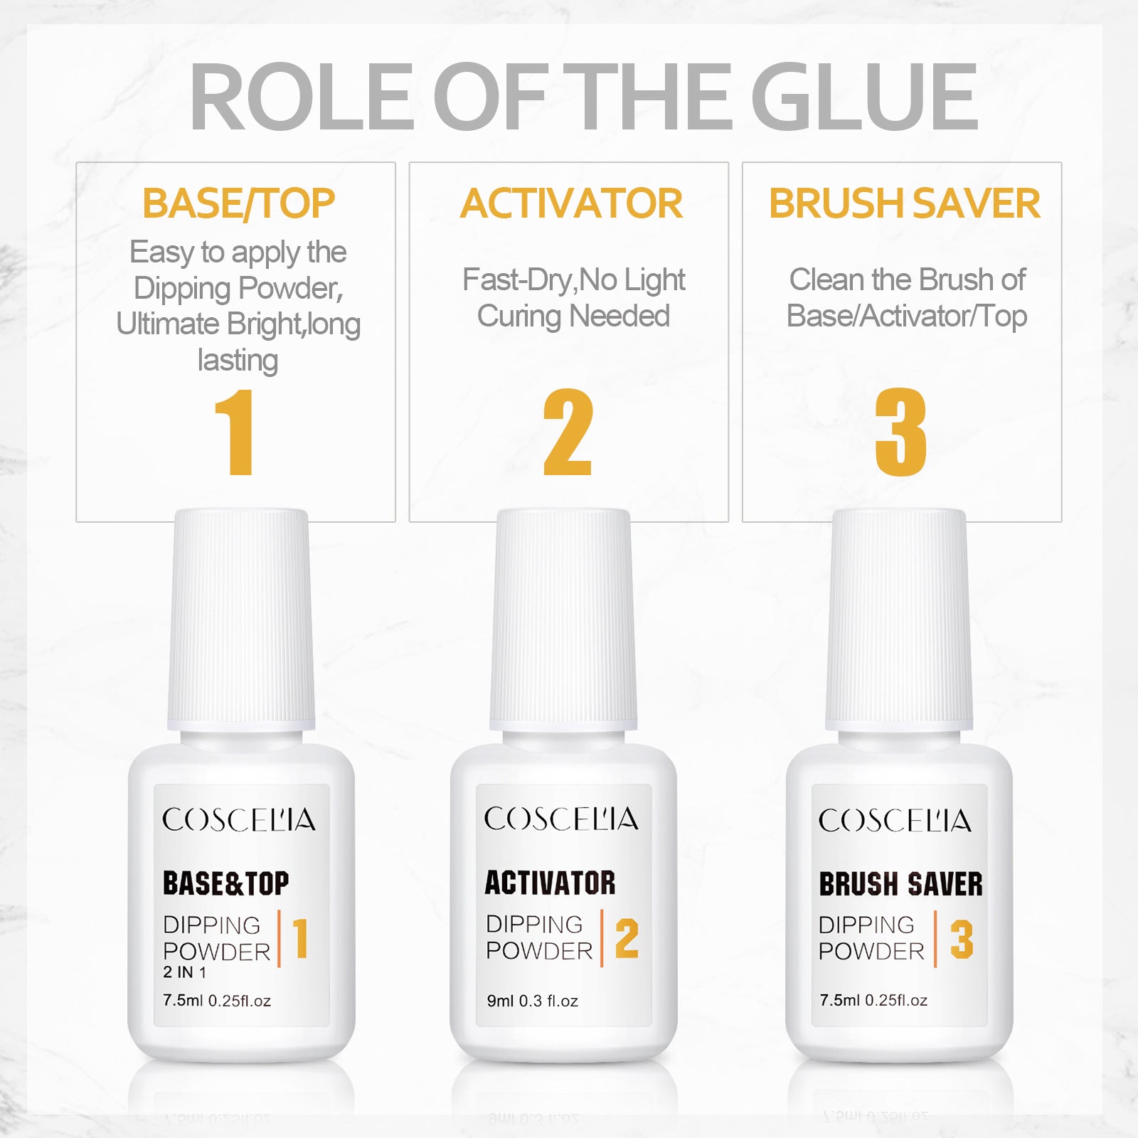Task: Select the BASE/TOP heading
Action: tap(238, 203)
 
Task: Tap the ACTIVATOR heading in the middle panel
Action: tap(571, 203)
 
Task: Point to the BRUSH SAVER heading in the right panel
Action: tap(905, 203)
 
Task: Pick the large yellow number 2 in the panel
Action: tap(568, 432)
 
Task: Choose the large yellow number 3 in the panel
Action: tap(900, 432)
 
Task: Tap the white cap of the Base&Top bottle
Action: tap(241, 619)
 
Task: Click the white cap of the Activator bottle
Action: tap(563, 619)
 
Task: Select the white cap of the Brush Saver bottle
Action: tap(899, 619)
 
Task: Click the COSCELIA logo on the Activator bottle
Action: tap(561, 819)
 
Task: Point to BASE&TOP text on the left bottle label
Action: tap(226, 883)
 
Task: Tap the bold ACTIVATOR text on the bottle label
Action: tap(550, 883)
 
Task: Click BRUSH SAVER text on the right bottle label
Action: tap(900, 884)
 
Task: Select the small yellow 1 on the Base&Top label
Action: tap(300, 938)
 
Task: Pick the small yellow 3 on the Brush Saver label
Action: tap(962, 939)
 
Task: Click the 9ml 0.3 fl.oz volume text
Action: tap(532, 1001)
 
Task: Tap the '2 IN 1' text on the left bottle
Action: tap(184, 972)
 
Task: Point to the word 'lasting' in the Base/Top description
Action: tap(238, 360)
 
